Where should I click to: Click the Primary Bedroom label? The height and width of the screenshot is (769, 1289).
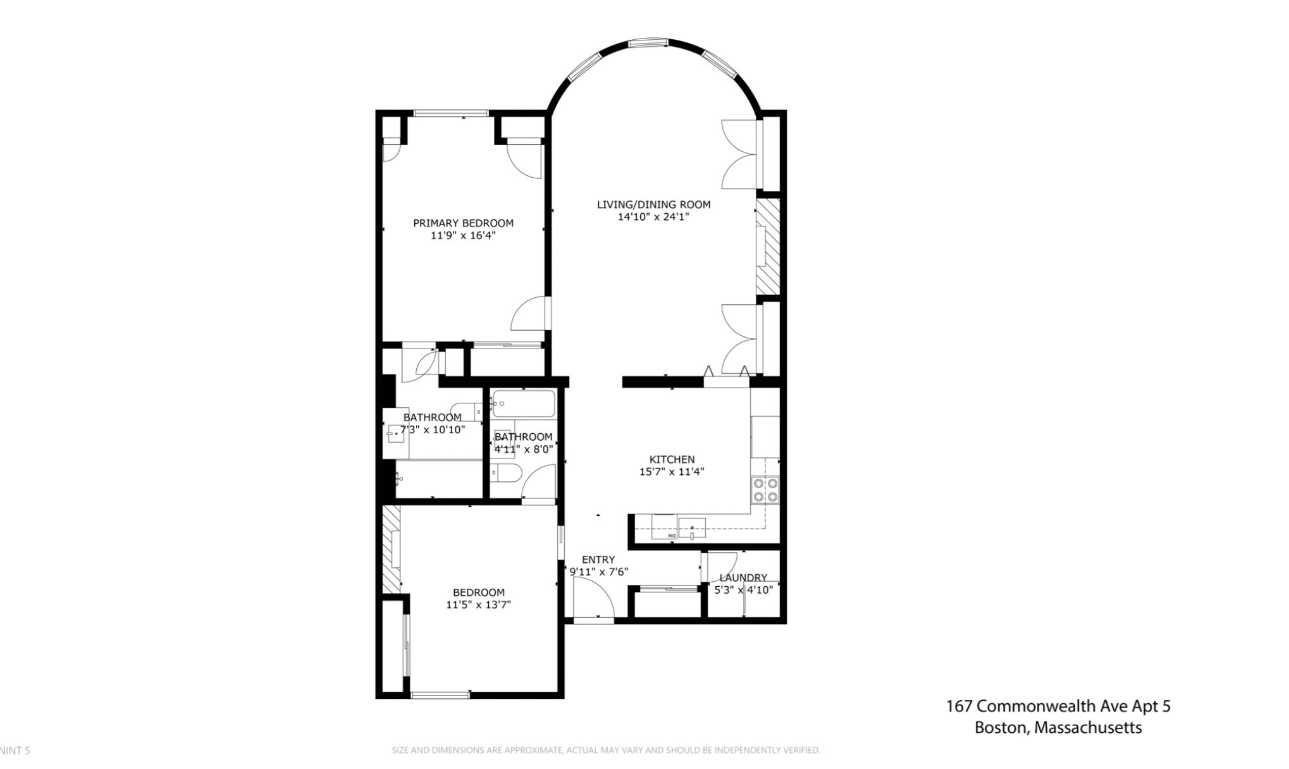[x=463, y=223]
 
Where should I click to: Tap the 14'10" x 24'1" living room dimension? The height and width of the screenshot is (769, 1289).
[x=653, y=217]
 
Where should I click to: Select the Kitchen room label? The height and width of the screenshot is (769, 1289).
[x=672, y=460]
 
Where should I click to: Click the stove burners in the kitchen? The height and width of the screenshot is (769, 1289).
[x=765, y=490]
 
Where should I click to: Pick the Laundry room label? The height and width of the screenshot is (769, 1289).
[x=743, y=577]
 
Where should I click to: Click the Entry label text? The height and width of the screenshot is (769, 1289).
[x=598, y=560]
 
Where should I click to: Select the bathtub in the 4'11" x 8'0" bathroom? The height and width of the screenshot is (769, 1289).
[x=524, y=403]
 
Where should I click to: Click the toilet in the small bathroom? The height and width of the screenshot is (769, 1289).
[x=506, y=472]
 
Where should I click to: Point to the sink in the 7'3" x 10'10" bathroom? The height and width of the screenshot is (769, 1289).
[x=397, y=434]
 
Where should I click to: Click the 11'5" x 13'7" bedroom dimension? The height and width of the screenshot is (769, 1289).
[x=479, y=605]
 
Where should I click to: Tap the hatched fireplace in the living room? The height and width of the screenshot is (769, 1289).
[x=768, y=247]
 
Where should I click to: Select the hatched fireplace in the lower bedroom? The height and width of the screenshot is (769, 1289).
[x=392, y=549]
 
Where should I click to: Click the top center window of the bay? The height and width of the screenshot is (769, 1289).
[x=648, y=43]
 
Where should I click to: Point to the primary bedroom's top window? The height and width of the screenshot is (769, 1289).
[x=451, y=113]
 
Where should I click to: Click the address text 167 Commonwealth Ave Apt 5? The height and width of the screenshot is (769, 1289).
[x=1058, y=706]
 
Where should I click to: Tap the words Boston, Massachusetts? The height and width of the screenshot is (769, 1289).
[x=1058, y=728]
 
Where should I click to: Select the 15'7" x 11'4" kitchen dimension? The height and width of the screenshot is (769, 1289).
[x=672, y=472]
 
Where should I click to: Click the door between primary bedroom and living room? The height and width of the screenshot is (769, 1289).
[x=531, y=313]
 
